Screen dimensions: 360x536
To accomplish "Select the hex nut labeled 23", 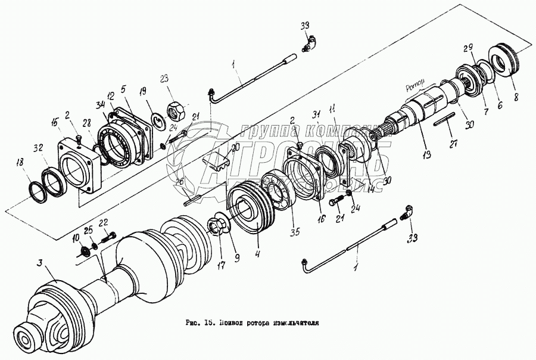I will tap(176, 109).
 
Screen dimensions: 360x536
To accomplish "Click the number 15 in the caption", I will tap(208, 322).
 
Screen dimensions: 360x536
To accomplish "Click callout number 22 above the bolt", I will tap(103, 222).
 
